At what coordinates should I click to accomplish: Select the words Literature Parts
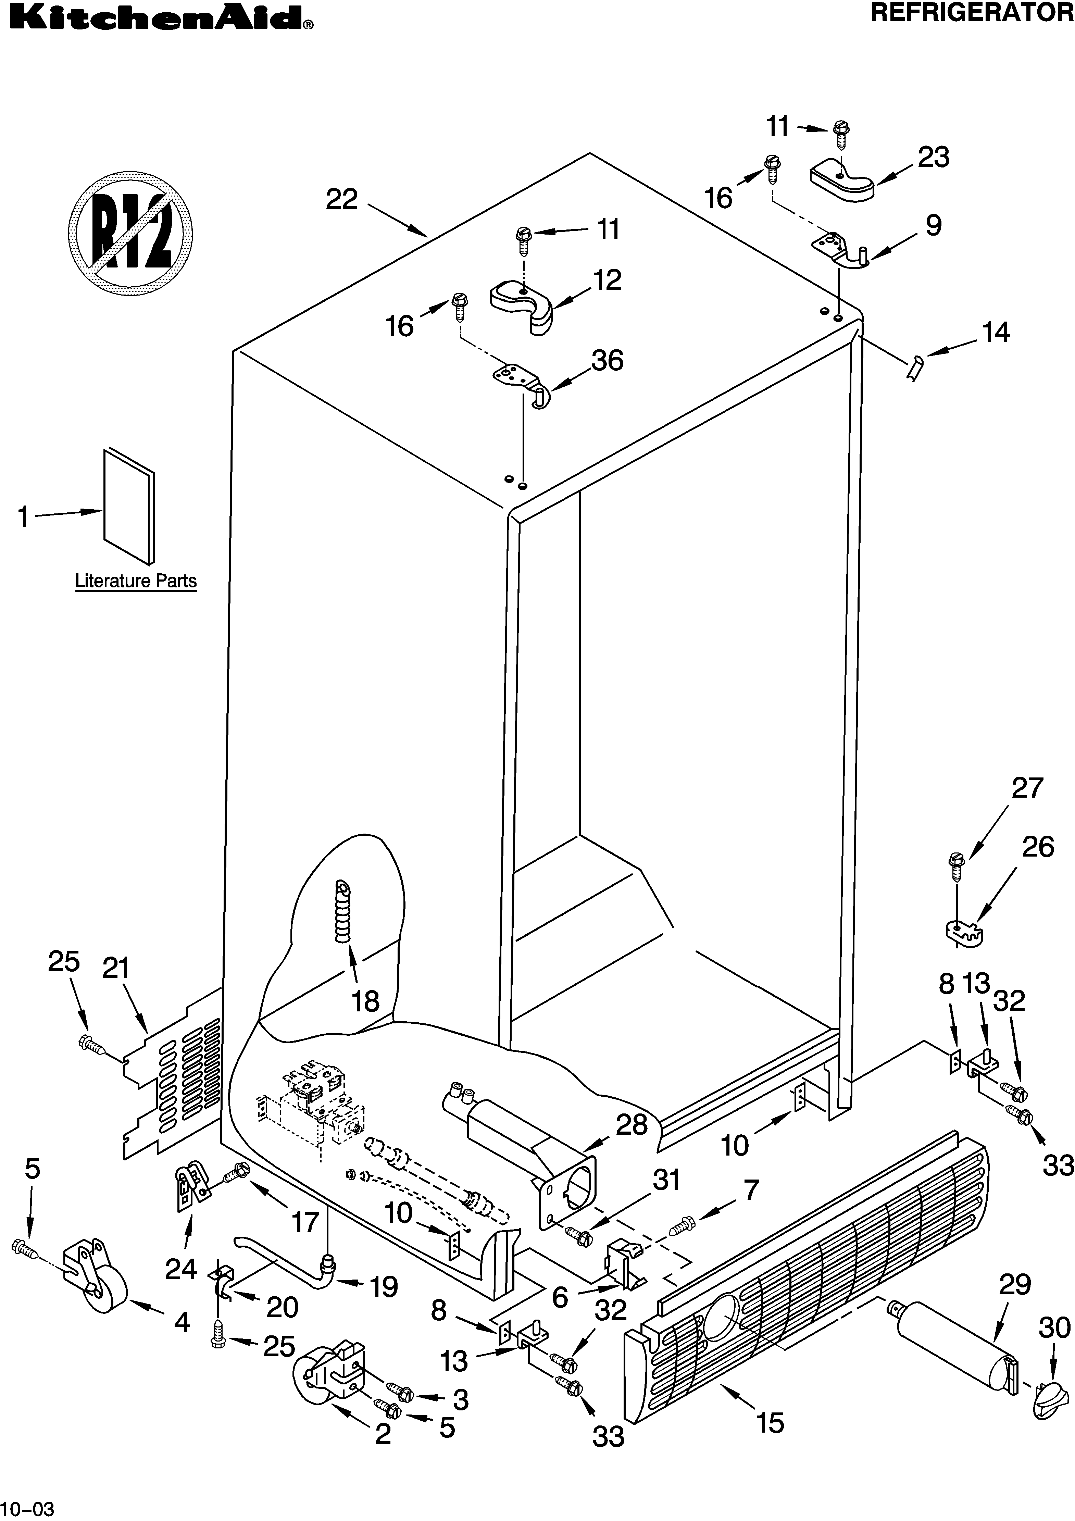(136, 581)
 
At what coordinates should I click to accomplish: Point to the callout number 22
(342, 199)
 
